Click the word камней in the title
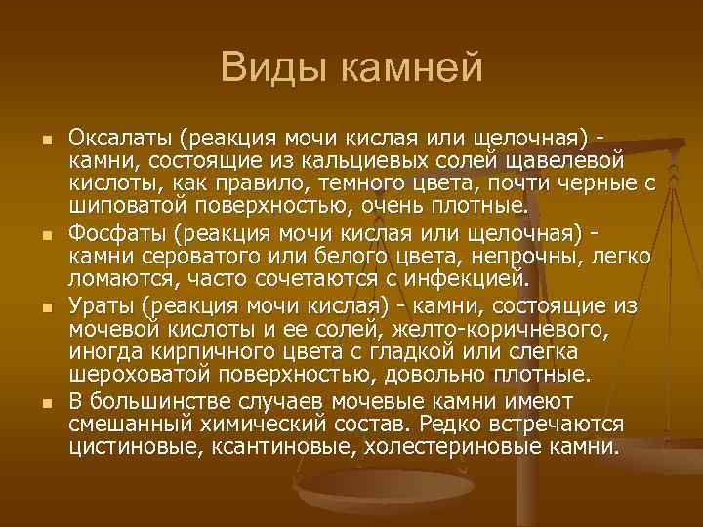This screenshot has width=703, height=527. point(407,67)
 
